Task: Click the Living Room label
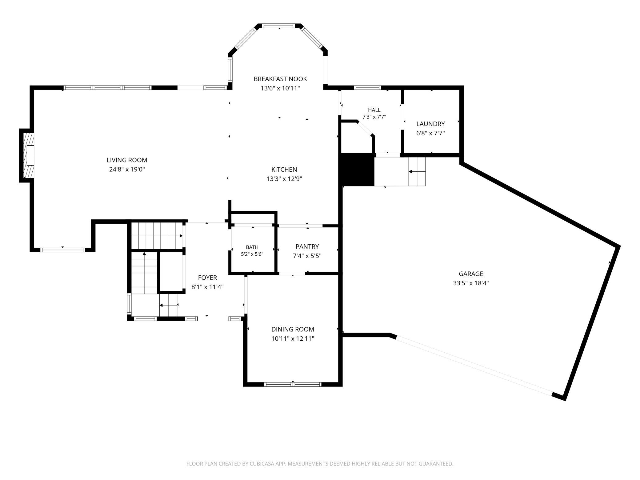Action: pos(127,160)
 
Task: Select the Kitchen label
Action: pos(284,170)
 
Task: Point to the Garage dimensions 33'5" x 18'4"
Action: pos(471,283)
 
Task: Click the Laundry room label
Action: pos(430,124)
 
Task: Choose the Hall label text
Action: pos(374,110)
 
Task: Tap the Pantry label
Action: pos(307,246)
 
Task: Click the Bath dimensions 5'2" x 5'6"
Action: pos(252,254)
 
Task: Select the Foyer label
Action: pos(207,278)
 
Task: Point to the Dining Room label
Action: pos(293,329)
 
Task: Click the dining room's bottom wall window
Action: pos(293,384)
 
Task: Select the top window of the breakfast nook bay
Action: pos(279,26)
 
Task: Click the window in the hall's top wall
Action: pos(367,88)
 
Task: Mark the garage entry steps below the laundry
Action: pos(417,172)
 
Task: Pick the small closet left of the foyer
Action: pos(172,272)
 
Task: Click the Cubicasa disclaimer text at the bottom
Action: pos(320,463)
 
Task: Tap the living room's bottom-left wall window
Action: pos(63,250)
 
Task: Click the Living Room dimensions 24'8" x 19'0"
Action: pos(127,170)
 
